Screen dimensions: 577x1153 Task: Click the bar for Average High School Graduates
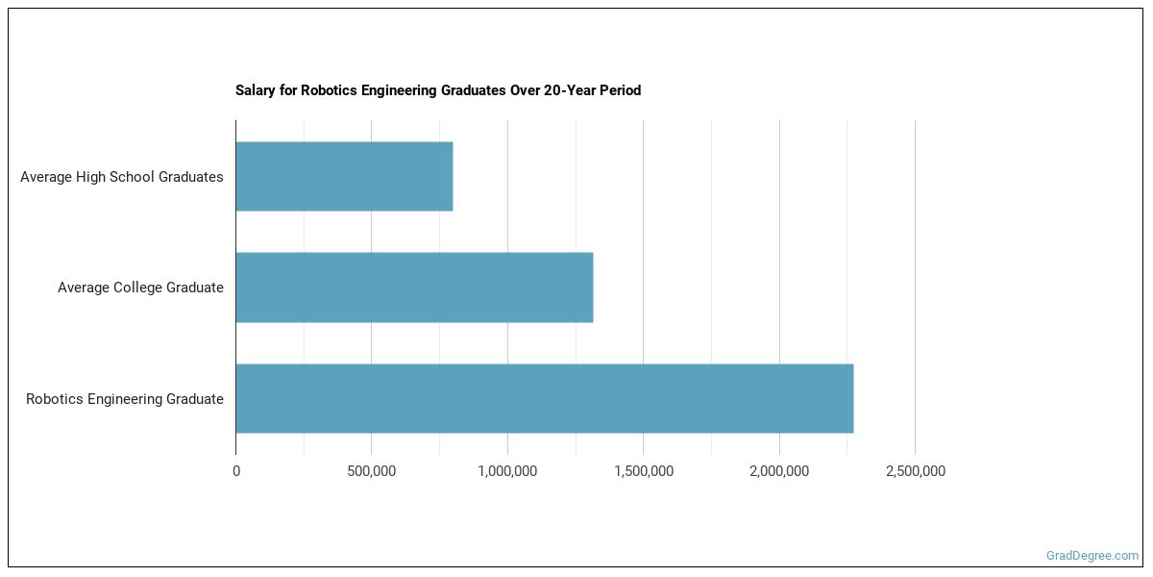344,177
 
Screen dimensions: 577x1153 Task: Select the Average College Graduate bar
414,288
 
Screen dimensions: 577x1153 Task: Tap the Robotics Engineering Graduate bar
544,398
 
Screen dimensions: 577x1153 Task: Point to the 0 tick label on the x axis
236,471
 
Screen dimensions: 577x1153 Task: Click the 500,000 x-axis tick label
372,471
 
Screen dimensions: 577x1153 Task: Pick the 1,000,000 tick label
507,471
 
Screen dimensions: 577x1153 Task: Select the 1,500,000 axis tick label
643,471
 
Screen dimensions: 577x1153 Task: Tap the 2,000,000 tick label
779,471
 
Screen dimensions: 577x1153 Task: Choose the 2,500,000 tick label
915,471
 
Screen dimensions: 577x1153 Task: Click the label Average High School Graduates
122,177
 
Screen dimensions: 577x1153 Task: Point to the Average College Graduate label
140,288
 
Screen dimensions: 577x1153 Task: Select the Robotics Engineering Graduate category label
125,399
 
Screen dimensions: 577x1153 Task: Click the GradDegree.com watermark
1092,556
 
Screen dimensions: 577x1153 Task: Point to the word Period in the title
621,91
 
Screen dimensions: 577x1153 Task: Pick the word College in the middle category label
138,288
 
